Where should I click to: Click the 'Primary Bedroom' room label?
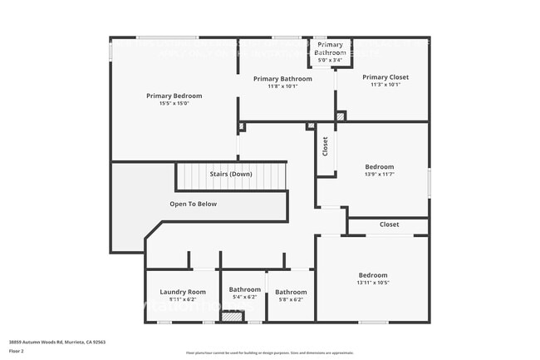click(x=174, y=96)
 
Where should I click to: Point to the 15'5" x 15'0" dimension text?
click(x=174, y=104)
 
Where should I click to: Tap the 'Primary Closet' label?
click(x=385, y=77)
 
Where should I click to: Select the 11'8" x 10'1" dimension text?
click(x=283, y=86)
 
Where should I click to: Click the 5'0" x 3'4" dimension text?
click(x=330, y=60)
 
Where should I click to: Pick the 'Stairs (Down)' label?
click(x=230, y=174)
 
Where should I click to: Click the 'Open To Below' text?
click(x=193, y=204)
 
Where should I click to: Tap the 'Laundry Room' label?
click(x=183, y=292)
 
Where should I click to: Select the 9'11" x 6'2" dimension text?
click(x=183, y=299)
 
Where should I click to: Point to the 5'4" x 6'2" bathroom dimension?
click(x=243, y=297)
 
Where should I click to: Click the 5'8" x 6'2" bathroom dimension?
click(x=291, y=299)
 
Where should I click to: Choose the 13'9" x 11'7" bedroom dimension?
click(x=380, y=175)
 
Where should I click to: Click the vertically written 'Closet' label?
click(x=325, y=147)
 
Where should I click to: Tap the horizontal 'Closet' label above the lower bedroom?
click(x=389, y=224)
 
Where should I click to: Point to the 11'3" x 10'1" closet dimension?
click(x=385, y=85)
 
